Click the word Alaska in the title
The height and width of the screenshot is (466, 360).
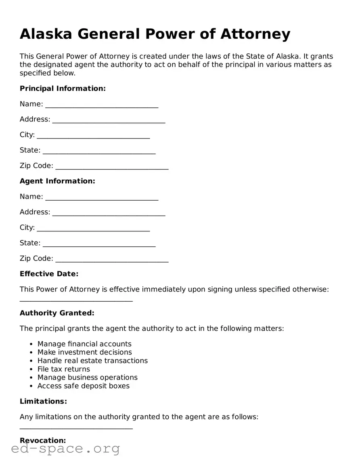[x=46, y=34]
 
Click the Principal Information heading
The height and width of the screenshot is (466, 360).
[x=63, y=88]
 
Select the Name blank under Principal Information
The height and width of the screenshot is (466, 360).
[x=102, y=105]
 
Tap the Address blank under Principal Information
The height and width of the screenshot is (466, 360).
[x=109, y=120]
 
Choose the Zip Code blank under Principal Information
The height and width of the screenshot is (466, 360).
[x=112, y=167]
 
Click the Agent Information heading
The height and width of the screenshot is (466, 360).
[x=57, y=181]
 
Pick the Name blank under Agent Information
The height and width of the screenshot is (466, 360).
[x=102, y=197]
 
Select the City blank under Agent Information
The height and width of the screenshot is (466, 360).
[x=93, y=229]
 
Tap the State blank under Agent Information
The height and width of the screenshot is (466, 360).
[x=99, y=244]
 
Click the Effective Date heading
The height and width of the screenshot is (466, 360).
[x=49, y=274]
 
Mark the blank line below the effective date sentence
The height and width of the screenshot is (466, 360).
[x=76, y=300]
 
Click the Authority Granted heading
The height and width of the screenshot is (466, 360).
[x=57, y=313]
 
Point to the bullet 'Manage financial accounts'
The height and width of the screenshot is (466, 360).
[x=84, y=344]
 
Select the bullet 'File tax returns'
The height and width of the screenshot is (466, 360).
[x=64, y=369]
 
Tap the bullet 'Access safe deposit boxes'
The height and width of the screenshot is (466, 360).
[x=84, y=386]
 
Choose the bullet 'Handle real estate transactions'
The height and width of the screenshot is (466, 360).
[x=92, y=361]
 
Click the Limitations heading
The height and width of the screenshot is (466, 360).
[x=43, y=401]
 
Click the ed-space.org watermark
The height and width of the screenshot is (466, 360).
[x=65, y=449]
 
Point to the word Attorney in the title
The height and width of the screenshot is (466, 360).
[x=255, y=34]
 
